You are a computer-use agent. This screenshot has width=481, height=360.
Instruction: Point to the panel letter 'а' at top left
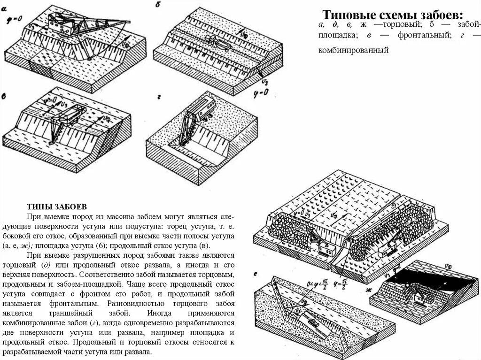4,6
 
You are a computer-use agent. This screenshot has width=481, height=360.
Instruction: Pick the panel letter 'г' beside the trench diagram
160,97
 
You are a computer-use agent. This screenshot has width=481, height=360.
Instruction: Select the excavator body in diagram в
72,115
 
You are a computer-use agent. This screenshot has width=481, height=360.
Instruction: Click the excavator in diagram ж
421,295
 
